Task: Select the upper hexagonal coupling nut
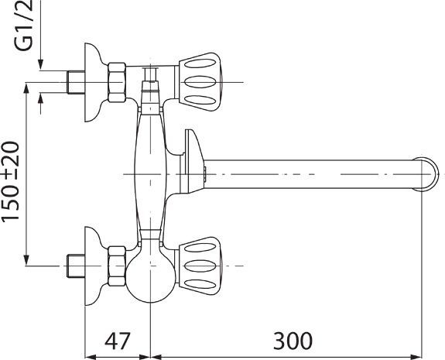(118, 81)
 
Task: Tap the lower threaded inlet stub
(76, 265)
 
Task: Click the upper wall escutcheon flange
(94, 81)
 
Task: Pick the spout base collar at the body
(191, 163)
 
